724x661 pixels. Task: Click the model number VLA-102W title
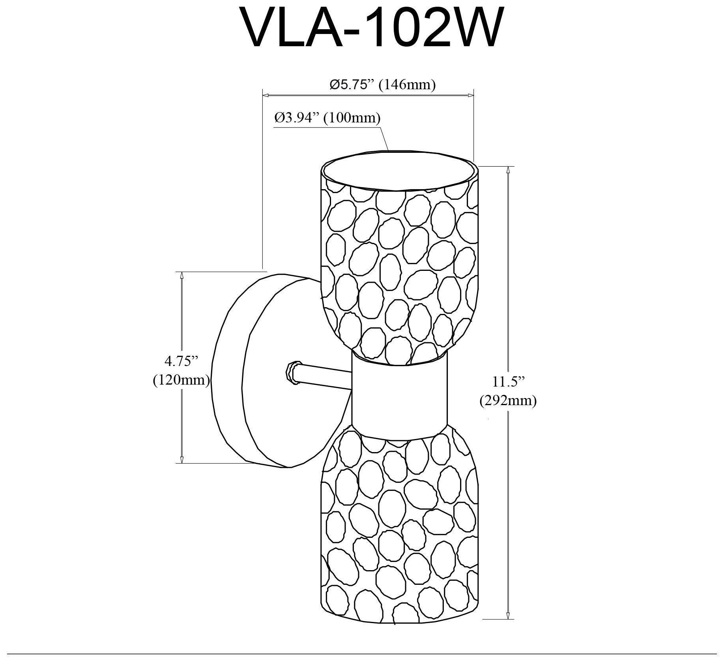coord(372,28)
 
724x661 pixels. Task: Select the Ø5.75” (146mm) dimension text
coord(382,85)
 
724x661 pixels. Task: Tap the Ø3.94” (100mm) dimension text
coord(327,118)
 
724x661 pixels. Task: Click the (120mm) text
coord(181,380)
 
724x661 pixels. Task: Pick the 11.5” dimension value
coord(508,382)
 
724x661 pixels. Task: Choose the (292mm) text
coord(508,401)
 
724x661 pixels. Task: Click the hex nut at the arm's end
coord(292,372)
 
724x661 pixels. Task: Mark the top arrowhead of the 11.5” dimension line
coord(508,169)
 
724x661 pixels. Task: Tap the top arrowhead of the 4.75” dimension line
coord(181,275)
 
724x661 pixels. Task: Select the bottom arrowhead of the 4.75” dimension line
coord(181,460)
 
